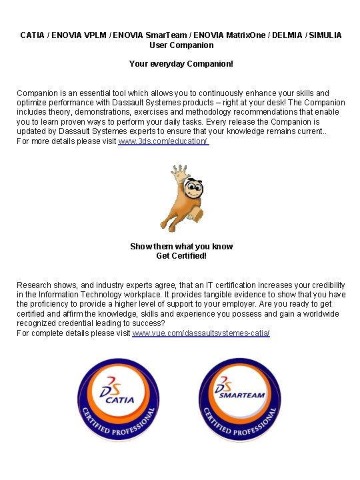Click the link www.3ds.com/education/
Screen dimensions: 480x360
click(163, 142)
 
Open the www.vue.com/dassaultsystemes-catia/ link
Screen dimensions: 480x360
click(201, 332)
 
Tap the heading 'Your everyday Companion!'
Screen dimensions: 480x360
click(181, 65)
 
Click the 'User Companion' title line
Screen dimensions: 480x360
click(181, 45)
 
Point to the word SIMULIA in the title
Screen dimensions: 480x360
click(325, 35)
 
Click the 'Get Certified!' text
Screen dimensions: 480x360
click(181, 256)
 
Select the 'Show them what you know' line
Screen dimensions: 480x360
click(181, 247)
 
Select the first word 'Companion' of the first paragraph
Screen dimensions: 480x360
click(38, 93)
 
